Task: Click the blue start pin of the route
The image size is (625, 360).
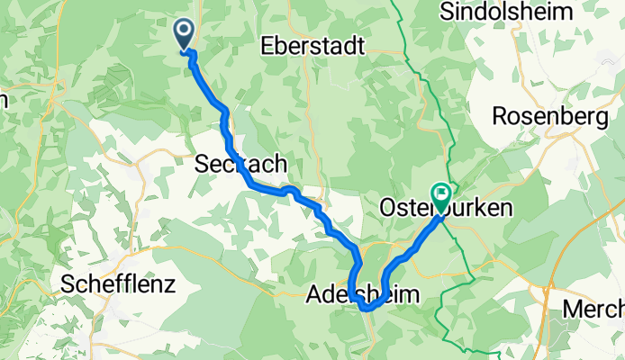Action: click(x=184, y=34)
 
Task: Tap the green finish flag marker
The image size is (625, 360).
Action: click(x=441, y=193)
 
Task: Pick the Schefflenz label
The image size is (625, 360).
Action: click(x=117, y=284)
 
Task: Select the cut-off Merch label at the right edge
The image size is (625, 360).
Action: click(x=593, y=309)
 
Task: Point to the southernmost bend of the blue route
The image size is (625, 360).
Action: click(x=368, y=309)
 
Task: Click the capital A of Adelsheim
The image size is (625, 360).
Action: click(x=314, y=294)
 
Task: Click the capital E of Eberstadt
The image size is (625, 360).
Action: click(x=267, y=46)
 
